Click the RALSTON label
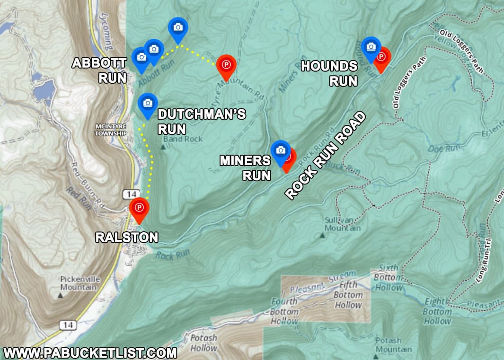click(x=127, y=237)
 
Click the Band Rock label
click(x=183, y=139)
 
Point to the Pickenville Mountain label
click(x=80, y=283)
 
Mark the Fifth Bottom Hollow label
click(x=348, y=295)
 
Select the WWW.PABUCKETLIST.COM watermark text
click(x=90, y=353)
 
